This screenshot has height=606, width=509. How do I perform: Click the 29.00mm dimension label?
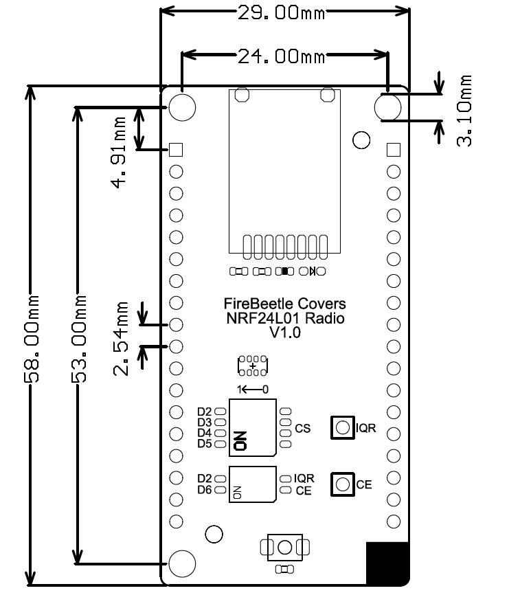[x=281, y=13]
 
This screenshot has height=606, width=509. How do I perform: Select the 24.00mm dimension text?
[x=281, y=56]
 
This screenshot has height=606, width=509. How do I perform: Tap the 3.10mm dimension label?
[x=464, y=111]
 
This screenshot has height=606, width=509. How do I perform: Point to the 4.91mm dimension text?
[x=119, y=153]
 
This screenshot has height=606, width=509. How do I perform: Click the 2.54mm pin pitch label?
[x=121, y=339]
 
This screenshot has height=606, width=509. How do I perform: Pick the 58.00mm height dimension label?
[x=32, y=339]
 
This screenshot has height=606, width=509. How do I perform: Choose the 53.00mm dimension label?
[x=78, y=339]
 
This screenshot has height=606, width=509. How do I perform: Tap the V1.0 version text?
[x=285, y=333]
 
